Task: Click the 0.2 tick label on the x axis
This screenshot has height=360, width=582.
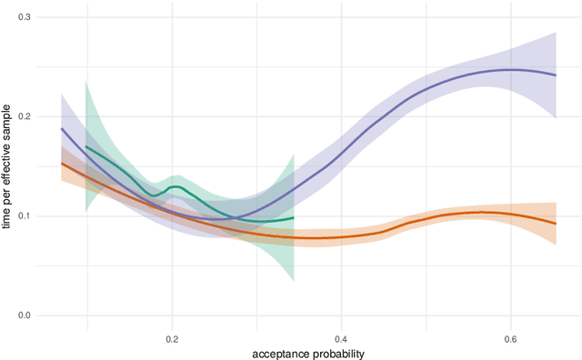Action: [172, 338]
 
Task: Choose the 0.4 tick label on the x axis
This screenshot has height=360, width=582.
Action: [340, 338]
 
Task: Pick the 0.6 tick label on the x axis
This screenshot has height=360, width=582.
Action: [509, 338]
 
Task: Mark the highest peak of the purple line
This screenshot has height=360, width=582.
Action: [512, 70]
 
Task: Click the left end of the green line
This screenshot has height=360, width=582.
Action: [85, 146]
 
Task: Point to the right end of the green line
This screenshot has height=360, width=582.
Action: [294, 217]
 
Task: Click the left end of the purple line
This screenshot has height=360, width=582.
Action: [61, 129]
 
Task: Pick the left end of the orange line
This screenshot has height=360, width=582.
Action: [61, 164]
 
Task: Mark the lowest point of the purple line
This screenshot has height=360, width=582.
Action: [216, 219]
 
